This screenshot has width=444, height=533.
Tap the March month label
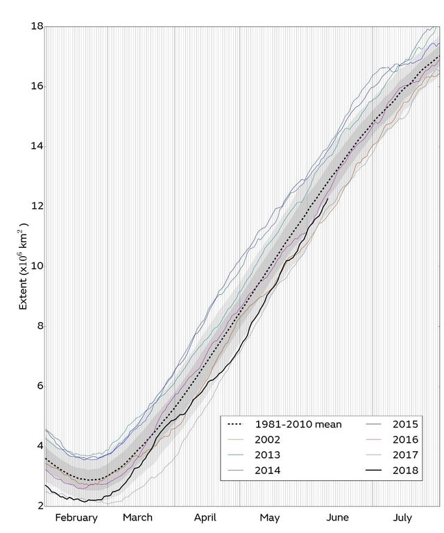(x=137, y=518)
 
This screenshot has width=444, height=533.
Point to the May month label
(x=270, y=518)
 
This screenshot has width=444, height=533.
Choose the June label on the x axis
(x=337, y=518)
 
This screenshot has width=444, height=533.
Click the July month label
(x=402, y=518)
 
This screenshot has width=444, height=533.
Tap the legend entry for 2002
(x=268, y=440)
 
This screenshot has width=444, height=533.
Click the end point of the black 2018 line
(x=327, y=198)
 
